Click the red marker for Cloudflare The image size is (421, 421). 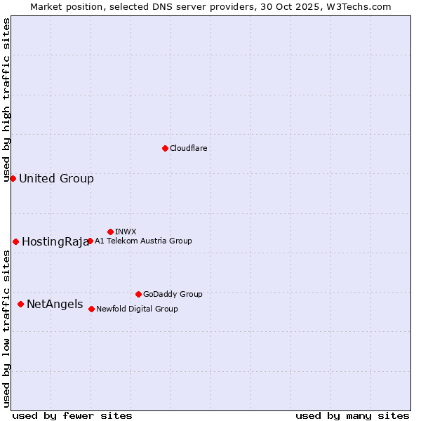(165, 148)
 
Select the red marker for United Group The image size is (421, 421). (13, 178)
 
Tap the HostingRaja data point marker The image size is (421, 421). (15, 241)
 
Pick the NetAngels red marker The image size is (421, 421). (20, 304)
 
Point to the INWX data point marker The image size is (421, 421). (110, 232)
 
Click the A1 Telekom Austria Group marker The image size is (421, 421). (90, 241)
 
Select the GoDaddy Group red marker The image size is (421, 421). (138, 294)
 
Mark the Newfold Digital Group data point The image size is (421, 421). (91, 309)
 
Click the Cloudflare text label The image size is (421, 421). (188, 148)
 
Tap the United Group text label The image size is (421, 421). (56, 178)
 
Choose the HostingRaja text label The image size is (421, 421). (55, 242)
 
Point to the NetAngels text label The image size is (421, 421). (55, 305)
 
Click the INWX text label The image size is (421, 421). (126, 232)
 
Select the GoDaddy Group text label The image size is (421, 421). (173, 294)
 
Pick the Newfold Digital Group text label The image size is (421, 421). (137, 309)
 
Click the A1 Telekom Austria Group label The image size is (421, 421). (143, 241)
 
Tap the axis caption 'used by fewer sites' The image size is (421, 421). (72, 415)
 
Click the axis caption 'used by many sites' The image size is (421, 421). (352, 415)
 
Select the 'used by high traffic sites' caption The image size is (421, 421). (7, 100)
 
